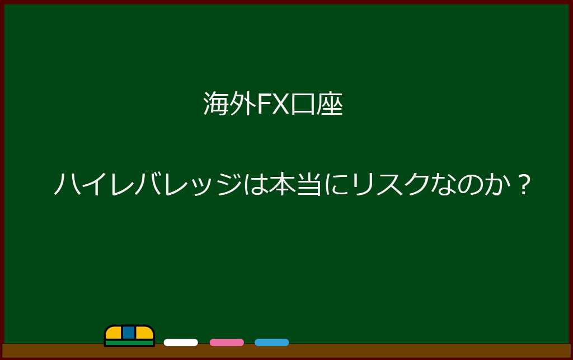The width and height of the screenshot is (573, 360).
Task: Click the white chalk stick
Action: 181,343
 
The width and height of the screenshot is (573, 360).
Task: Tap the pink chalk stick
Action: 227,343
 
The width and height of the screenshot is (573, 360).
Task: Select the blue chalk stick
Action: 271,343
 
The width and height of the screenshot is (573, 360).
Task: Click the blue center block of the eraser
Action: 129,333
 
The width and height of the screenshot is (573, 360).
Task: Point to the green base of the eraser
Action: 129,343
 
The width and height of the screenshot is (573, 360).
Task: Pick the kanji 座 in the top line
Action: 330,104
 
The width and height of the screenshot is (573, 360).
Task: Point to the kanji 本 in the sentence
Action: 282,184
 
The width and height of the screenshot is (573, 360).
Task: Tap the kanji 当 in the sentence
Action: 309,184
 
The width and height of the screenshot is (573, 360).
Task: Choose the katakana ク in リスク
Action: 416,184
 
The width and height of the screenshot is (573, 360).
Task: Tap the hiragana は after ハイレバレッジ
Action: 255,184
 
